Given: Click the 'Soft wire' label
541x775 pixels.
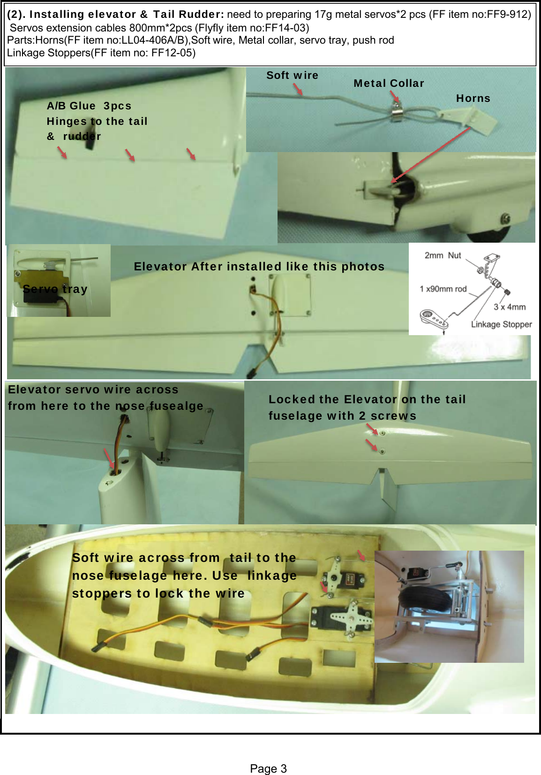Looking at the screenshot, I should (292, 75).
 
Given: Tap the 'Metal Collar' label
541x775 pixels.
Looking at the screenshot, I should (389, 83).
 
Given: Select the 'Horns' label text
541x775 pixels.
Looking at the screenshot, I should (473, 98).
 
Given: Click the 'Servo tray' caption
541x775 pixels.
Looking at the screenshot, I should (55, 289).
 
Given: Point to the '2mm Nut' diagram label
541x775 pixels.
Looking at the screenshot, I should (443, 255).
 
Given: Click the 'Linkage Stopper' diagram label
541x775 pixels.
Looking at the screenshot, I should (501, 324).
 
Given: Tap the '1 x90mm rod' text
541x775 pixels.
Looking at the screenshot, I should (443, 289).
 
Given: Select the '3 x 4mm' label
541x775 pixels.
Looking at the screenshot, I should (510, 307).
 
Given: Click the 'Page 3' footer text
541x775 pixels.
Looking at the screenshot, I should (268, 768).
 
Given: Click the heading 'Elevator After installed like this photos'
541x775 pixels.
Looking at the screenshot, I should (259, 266).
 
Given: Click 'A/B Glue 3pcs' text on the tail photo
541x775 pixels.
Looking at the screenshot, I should (89, 106).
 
